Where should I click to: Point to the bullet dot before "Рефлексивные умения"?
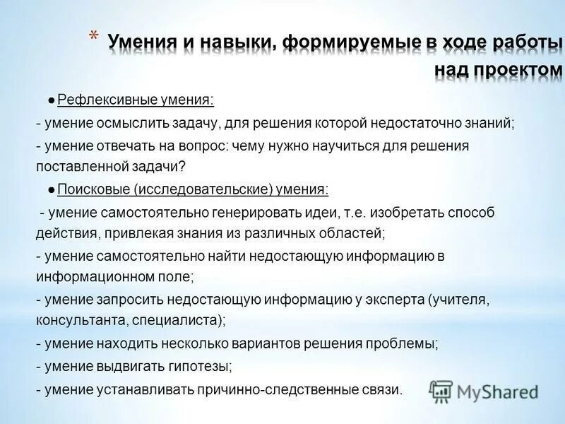coord(52,100)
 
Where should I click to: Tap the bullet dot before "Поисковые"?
coord(52,189)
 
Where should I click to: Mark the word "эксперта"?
coord(391,300)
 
